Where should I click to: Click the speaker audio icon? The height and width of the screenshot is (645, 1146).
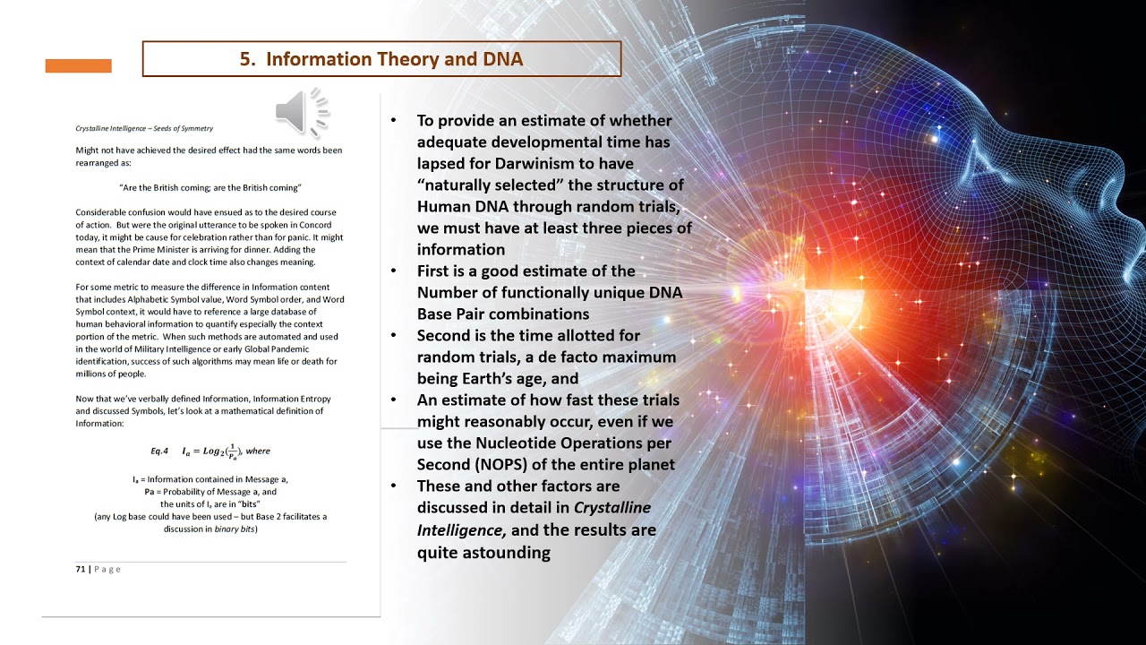coord(302,112)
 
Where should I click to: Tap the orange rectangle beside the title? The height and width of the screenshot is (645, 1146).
coord(78,66)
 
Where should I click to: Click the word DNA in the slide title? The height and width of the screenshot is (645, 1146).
coord(503,59)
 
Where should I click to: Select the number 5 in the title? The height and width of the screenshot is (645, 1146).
coord(246,59)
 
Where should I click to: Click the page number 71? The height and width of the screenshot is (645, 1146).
coord(81,569)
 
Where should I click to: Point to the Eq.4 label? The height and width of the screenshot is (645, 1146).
coord(159,451)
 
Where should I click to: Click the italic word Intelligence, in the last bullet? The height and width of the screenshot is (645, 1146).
coord(461,530)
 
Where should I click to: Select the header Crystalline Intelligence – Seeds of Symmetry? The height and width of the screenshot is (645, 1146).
coord(144,128)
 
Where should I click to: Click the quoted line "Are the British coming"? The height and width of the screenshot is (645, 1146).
coord(210,188)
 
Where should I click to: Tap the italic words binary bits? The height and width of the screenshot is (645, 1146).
coord(235,529)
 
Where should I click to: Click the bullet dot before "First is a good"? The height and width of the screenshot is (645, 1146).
coord(393,271)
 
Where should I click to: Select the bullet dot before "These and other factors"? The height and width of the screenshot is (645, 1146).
coord(393,486)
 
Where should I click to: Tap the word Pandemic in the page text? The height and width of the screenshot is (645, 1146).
coord(292,349)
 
